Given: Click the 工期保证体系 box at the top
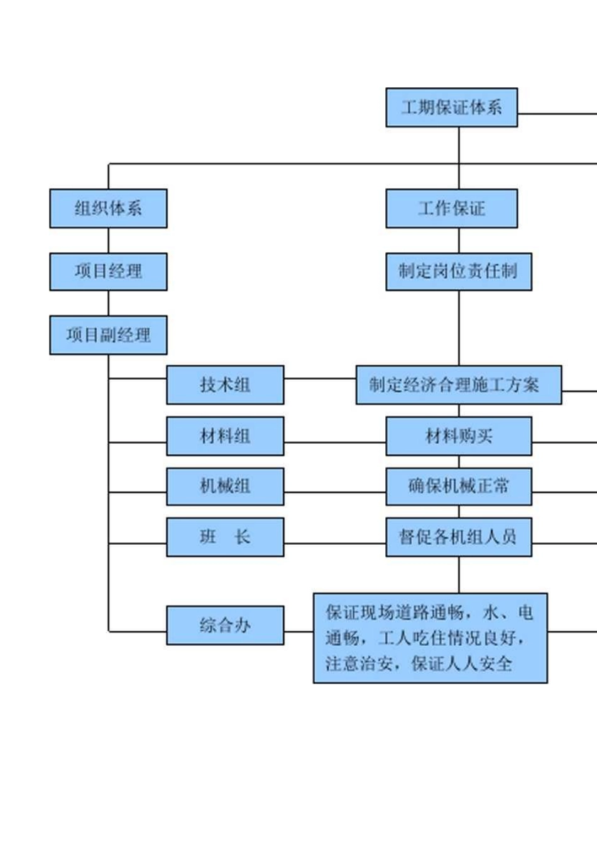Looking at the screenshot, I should tap(451, 107).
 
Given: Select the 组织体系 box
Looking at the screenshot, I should tap(108, 208).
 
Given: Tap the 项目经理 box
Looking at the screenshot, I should tap(108, 272).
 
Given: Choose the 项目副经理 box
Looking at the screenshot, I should tap(108, 335).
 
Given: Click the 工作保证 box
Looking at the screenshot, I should tap(451, 208).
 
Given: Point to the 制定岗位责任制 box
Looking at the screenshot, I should tap(458, 272).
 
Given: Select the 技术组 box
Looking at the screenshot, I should tap(225, 385).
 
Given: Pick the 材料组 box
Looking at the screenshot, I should tap(225, 436).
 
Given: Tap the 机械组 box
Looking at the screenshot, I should tap(225, 486).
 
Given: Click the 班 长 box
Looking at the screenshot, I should tap(225, 537).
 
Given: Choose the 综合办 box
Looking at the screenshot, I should tap(225, 625).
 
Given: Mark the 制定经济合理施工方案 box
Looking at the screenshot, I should tap(458, 385).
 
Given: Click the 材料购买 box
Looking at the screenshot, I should tap(458, 436).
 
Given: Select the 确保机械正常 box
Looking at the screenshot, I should tap(458, 486).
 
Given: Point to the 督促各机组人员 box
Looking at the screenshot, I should tap(458, 537).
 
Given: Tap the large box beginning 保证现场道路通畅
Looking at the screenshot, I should tap(430, 638).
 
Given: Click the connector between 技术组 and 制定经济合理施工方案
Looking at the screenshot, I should tap(320, 378).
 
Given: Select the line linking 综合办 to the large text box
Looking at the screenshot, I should tap(298, 631).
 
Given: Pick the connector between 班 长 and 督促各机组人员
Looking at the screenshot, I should tap(334, 543).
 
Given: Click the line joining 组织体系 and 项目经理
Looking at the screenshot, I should tap(108, 240).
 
